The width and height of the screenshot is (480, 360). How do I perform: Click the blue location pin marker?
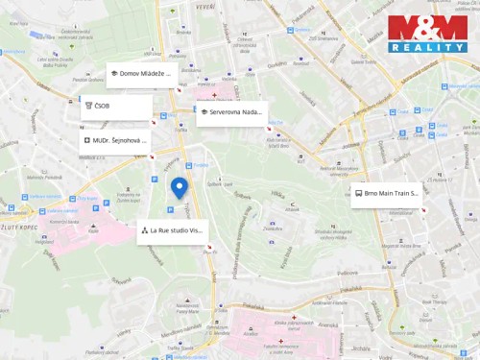179,188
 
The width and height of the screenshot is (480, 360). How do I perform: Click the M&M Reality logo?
427,34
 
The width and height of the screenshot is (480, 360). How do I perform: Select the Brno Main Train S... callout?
385,194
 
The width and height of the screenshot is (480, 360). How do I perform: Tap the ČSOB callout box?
116,107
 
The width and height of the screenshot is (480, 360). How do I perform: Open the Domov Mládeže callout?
140,74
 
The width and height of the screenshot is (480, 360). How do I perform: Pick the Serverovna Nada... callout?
230,112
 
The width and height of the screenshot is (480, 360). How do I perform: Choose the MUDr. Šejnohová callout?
115,140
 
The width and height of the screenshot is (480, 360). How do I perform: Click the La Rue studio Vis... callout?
171,231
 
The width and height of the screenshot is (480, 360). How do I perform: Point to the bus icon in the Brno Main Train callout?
358,194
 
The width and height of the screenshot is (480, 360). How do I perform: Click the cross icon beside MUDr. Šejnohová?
86,140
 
